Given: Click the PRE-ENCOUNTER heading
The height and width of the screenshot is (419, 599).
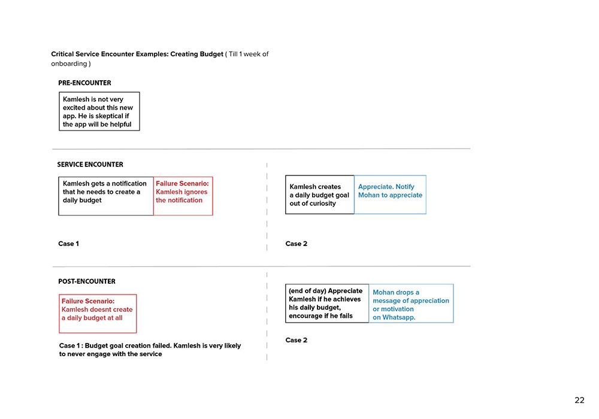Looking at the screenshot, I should tap(84, 83).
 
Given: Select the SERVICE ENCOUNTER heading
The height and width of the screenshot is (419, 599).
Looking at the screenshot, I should tap(90, 164).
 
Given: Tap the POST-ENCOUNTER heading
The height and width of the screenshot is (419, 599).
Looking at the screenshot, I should tap(87, 281).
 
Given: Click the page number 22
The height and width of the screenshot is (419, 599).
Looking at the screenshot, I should tap(579, 400).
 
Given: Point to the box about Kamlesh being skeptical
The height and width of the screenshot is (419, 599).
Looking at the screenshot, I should tap(99, 111).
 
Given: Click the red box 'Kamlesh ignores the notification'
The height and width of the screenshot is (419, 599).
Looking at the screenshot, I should tap(183, 196).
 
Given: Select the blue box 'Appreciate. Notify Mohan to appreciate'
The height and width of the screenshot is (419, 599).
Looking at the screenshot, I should tap(390, 195).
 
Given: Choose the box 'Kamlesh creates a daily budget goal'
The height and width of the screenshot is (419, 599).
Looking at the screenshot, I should tap(320, 195).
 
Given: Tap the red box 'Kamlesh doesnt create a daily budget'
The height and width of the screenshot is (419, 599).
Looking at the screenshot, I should tap(98, 313).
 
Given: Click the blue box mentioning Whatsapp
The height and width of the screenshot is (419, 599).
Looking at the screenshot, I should tap(411, 303).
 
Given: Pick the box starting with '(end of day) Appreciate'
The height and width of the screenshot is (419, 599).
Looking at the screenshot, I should tap(327, 303).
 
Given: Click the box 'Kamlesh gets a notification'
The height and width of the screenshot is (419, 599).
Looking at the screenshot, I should tap(106, 196).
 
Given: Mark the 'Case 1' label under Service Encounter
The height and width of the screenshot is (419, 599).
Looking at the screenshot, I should tap(68, 244).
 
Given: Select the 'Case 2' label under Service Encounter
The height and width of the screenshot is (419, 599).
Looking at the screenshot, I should tap(296, 244).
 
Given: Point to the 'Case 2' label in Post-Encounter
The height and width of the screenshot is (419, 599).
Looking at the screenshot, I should tap(296, 340).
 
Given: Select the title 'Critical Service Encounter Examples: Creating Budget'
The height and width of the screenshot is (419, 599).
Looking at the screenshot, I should tap(137, 54).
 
